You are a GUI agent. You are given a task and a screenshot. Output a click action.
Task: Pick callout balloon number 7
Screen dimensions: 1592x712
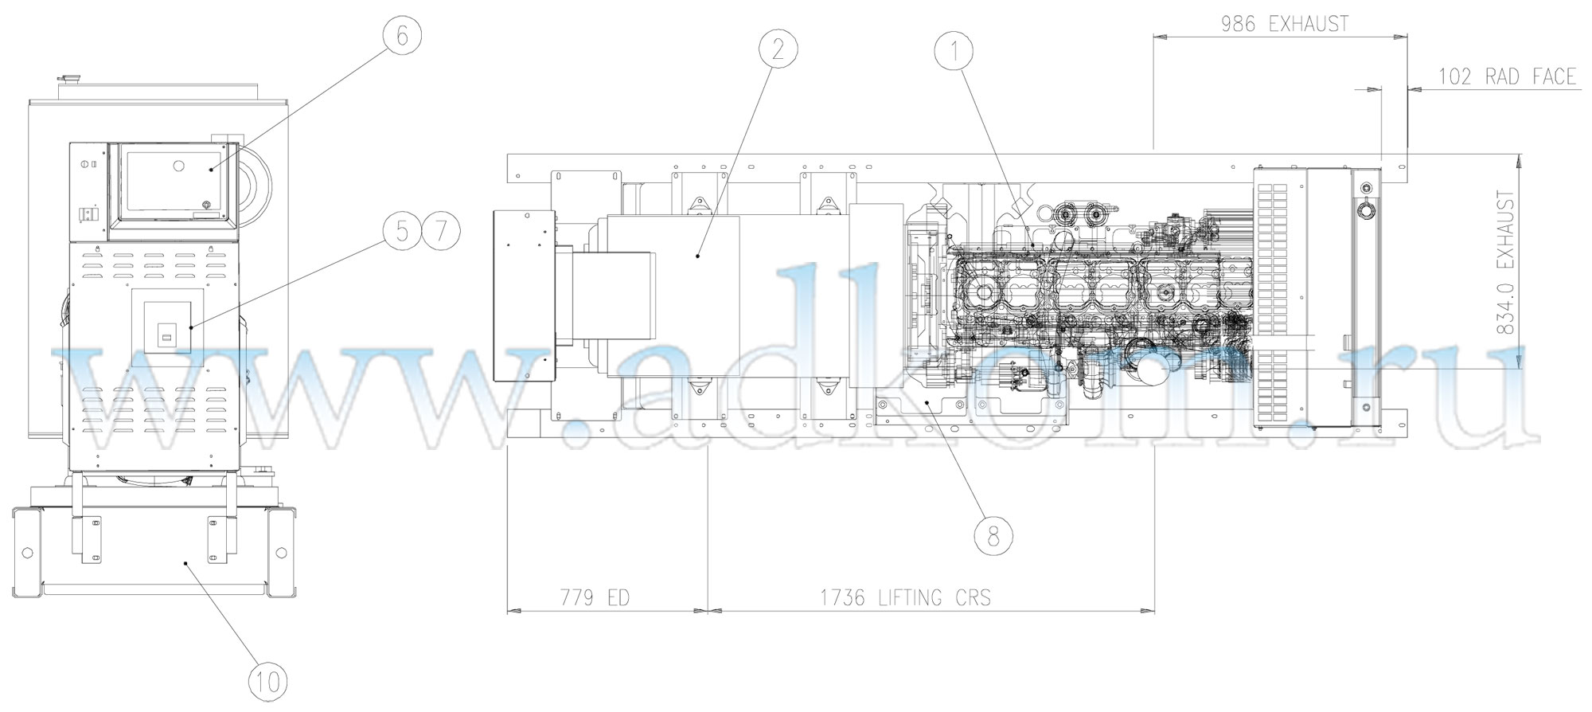pyautogui.click(x=441, y=232)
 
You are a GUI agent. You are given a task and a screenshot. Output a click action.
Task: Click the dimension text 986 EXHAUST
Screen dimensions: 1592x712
pyautogui.click(x=1285, y=24)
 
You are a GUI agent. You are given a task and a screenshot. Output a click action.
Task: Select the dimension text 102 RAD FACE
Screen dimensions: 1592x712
pyautogui.click(x=1507, y=76)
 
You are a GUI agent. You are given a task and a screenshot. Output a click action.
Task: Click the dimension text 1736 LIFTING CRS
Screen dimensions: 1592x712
pyautogui.click(x=906, y=597)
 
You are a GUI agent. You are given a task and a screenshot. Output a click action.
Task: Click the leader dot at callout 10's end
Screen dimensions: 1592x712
pyautogui.click(x=186, y=563)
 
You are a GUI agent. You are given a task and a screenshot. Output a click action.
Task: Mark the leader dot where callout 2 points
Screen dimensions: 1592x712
pyautogui.click(x=697, y=256)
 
